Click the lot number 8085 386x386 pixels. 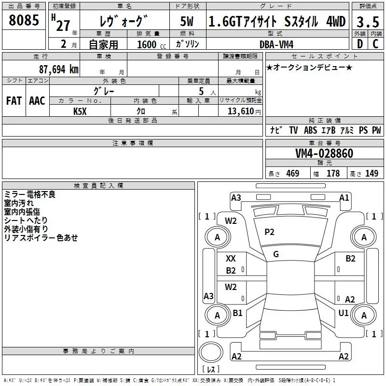(24, 21)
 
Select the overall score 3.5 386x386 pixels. (367, 22)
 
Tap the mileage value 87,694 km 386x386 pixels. (58, 69)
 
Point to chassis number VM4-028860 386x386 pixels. (324, 154)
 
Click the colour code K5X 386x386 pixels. (81, 111)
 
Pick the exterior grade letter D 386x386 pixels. (359, 44)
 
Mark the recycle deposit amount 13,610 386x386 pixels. (244, 111)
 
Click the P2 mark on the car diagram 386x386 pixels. (269, 232)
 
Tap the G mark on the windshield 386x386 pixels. (276, 254)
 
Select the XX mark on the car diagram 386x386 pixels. (231, 259)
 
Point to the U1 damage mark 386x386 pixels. (344, 313)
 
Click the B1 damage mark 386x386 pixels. (237, 313)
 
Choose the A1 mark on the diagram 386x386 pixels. (344, 197)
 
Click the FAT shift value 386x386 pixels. (14, 101)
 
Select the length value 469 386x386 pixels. (292, 174)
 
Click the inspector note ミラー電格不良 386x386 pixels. (29, 194)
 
